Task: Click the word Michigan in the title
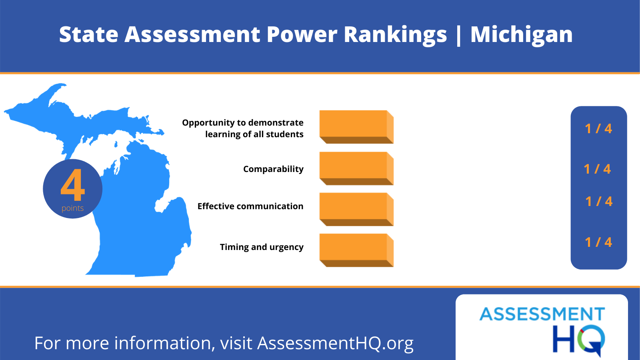pos(522,35)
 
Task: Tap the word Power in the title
pos(302,34)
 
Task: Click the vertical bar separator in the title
pos(459,36)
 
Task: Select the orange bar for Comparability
pos(356,168)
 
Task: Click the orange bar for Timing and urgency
pos(356,250)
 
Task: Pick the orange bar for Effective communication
pos(356,210)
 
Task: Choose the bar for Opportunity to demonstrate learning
pos(356,127)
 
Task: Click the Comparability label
pos(274,169)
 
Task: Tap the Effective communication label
pos(250,206)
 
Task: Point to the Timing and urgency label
pos(262,247)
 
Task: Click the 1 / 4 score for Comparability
pos(598,169)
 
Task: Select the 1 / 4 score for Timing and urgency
pos(598,242)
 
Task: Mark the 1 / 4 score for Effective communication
pos(599,202)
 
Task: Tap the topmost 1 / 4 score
pos(598,128)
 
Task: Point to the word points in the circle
pos(72,208)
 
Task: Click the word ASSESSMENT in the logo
pos(542,314)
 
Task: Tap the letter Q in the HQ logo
pos(591,340)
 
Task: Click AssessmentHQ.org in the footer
pos(336,343)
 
